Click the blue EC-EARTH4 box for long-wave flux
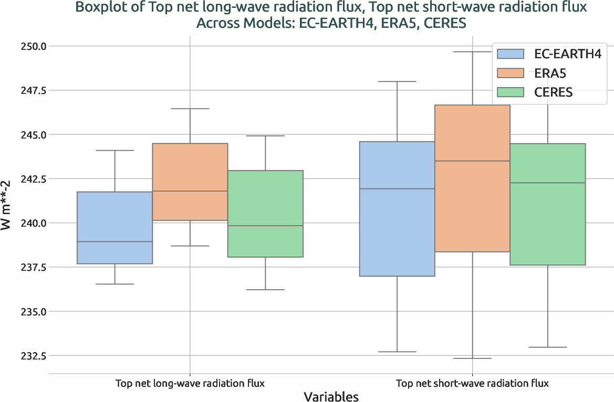(x=115, y=228)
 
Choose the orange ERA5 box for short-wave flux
(x=472, y=178)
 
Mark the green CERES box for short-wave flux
(x=547, y=204)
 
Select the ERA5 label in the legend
(x=550, y=73)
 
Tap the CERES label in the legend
(x=553, y=93)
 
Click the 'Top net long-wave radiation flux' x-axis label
(x=190, y=384)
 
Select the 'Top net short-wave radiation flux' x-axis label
(x=472, y=384)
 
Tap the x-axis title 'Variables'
(x=331, y=396)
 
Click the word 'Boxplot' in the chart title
(x=100, y=7)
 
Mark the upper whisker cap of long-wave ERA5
(x=190, y=109)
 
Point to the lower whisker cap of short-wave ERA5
(x=472, y=358)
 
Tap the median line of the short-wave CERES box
(x=547, y=183)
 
